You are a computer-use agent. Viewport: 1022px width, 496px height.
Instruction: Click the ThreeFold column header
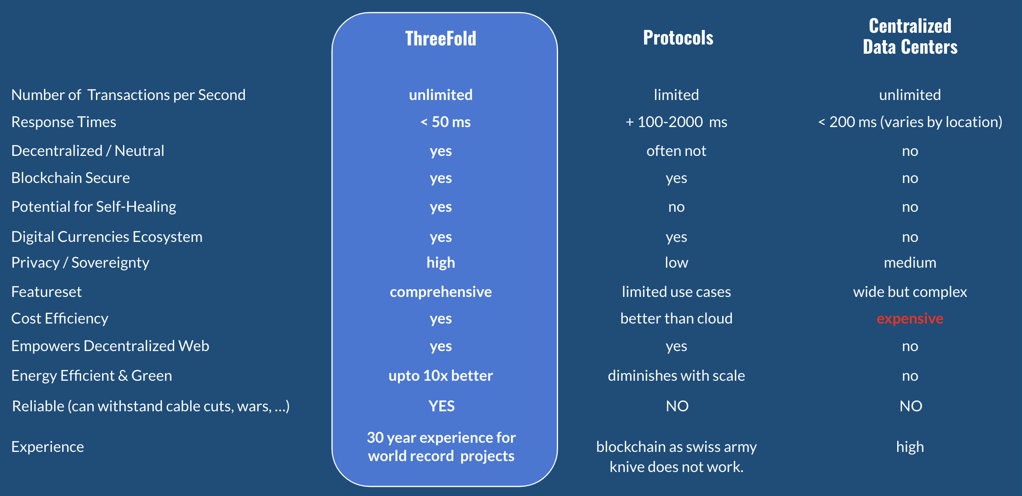(441, 38)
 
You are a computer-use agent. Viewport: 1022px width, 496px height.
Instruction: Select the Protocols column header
(678, 38)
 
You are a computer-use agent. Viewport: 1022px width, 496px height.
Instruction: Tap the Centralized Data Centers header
(910, 36)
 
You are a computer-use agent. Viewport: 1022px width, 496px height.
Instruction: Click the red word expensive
(910, 319)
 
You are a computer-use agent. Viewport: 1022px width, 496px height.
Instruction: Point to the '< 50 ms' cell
(446, 122)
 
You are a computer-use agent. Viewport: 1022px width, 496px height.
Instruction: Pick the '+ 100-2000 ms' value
(676, 122)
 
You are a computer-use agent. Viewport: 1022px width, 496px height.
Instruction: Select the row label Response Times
(64, 122)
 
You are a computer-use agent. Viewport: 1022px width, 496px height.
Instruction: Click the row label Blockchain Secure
(71, 178)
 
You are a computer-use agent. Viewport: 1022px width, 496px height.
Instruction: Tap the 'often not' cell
(676, 151)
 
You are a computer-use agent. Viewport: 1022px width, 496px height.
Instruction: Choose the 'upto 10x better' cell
(441, 375)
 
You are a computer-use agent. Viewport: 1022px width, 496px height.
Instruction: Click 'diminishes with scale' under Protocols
(676, 375)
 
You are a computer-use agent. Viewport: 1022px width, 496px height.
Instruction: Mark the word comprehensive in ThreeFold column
(441, 292)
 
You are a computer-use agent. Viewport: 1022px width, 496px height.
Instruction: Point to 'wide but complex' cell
(910, 292)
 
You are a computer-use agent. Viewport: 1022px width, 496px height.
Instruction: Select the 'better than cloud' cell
(676, 318)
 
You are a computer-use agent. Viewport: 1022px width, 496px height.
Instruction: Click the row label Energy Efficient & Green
(92, 375)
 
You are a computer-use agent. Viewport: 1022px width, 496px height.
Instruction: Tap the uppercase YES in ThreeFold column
(442, 406)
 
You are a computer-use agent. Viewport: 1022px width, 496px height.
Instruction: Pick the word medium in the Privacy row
(910, 262)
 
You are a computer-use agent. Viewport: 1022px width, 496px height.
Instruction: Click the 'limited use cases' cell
(676, 292)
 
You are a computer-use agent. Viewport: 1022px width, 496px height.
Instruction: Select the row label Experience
(48, 447)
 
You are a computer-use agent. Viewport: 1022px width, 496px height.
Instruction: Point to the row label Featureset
(47, 292)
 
